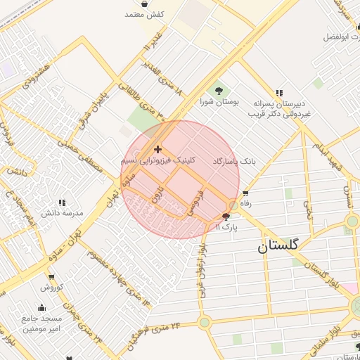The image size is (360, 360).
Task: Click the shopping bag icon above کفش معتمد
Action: point(145,4)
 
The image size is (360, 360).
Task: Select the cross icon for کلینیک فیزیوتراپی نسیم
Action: point(157,149)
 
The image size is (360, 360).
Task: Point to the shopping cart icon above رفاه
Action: point(245,193)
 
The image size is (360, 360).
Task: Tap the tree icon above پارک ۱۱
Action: point(226,217)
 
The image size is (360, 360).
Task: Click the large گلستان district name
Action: point(278,246)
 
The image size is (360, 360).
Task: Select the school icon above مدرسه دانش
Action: point(62,202)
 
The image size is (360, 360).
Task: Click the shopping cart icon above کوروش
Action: point(50,277)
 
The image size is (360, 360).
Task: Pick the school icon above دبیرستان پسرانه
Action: point(279,93)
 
